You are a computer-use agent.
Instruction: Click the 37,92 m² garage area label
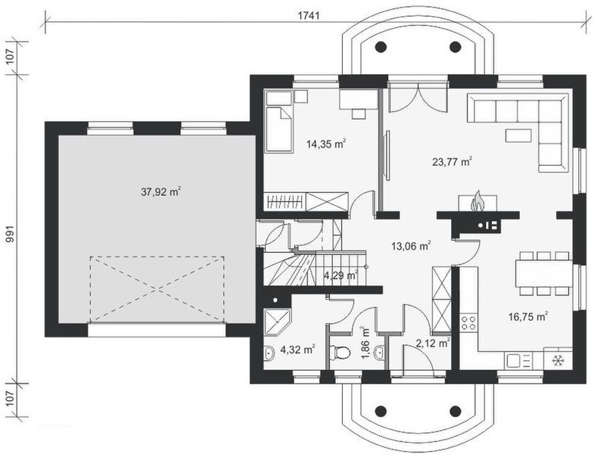pyautogui.click(x=160, y=192)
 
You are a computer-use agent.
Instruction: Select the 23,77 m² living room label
pyautogui.click(x=452, y=161)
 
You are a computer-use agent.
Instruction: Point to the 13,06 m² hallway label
pyautogui.click(x=410, y=246)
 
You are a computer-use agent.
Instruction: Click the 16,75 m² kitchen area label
pyautogui.click(x=529, y=318)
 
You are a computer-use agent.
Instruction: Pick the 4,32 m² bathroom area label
pyautogui.click(x=297, y=350)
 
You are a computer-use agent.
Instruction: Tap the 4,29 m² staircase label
pyautogui.click(x=341, y=276)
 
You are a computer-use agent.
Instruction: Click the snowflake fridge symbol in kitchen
pyautogui.click(x=559, y=360)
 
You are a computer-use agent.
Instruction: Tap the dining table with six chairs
pyautogui.click(x=543, y=272)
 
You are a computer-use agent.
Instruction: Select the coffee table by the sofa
pyautogui.click(x=518, y=135)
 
